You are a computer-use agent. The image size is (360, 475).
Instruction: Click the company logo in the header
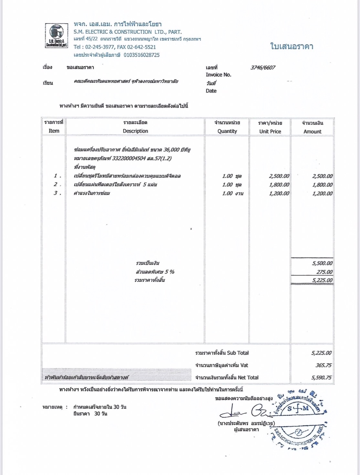[x=57, y=36]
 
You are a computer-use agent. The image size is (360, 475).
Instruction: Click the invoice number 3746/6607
[x=263, y=68]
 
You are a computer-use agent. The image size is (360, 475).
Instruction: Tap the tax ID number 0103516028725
[x=142, y=55]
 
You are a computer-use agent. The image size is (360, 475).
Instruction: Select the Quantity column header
[x=227, y=131]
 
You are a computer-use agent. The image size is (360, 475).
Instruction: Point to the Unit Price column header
[x=270, y=132]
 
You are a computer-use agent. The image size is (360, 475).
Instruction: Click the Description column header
[x=135, y=131]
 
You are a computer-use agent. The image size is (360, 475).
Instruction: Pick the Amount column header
[x=312, y=132]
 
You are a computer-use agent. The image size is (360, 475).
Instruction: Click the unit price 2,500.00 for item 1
[x=279, y=176]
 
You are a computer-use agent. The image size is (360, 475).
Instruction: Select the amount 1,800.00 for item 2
[x=322, y=185]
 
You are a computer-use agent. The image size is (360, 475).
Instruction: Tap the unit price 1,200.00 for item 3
[x=279, y=194]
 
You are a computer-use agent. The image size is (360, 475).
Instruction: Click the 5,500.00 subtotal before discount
[x=322, y=263]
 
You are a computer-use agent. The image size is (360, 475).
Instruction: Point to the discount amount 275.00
[x=324, y=272]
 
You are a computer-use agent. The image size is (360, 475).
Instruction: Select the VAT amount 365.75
[x=323, y=365]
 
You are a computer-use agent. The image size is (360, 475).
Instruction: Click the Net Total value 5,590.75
[x=321, y=377]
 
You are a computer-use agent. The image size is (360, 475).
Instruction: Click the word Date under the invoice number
[x=211, y=91]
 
